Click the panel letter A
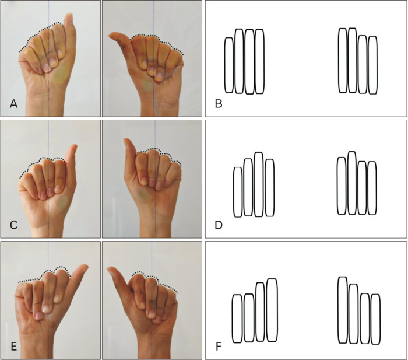tap(13, 104)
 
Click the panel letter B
tap(219, 104)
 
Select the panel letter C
tap(13, 225)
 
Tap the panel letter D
tap(219, 225)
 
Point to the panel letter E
tap(13, 347)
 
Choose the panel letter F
tap(219, 347)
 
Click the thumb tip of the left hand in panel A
tap(70, 15)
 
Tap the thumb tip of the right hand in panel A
tap(110, 36)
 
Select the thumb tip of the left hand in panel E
tap(85, 266)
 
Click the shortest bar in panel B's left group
tap(229, 65)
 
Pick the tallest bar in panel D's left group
tap(259, 184)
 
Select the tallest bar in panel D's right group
tap(352, 183)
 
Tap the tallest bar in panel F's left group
tap(272, 310)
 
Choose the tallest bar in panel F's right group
tap(343, 310)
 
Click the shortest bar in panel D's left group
tap(238, 192)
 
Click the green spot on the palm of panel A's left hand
tap(61, 75)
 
